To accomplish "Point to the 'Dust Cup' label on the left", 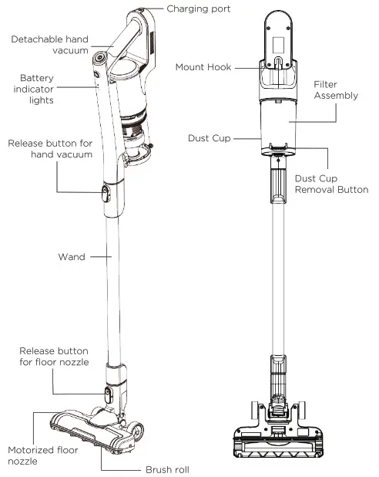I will tap(209, 138).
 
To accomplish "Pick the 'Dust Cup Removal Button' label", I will tap(330, 184).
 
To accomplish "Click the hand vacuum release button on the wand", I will tap(105, 193).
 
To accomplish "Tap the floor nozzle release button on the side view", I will tap(106, 396).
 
